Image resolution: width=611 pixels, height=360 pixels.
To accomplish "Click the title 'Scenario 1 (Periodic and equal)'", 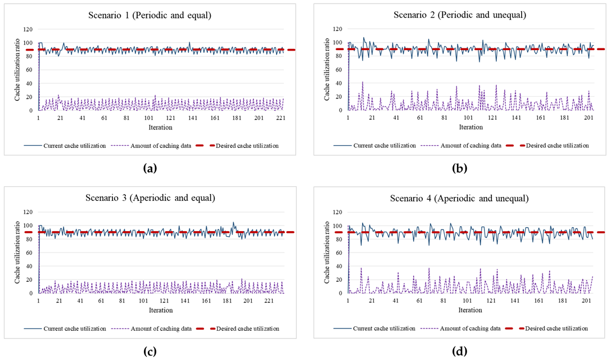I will coord(150,16).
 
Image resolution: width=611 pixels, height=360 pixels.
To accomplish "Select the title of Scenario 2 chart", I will coord(460,16).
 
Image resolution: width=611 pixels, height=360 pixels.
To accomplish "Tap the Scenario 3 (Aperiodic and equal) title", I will coord(150,198).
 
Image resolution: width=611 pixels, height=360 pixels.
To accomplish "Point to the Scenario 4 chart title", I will coord(460,198).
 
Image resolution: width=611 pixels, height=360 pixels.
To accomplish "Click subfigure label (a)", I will coord(150,168).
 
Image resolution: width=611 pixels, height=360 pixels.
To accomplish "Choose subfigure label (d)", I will coord(460,351).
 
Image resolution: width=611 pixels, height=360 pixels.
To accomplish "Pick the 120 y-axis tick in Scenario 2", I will coord(337,29).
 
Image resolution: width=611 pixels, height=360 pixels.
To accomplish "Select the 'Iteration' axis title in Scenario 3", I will coord(160,310).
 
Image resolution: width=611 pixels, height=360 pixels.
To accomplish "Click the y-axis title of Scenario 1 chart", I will coord(19,69).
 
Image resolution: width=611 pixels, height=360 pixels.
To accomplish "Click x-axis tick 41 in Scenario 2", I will coord(396,118).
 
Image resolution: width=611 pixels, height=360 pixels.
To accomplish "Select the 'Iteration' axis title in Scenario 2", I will coord(470,127).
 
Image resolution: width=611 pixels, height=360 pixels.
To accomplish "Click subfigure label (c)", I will coord(150,351).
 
